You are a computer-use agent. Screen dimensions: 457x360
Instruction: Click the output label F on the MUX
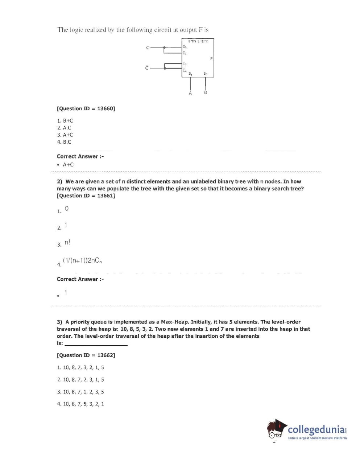[211, 59]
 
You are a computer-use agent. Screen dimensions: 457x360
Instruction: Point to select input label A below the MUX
[190, 94]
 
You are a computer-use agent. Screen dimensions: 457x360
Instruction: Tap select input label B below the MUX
[206, 92]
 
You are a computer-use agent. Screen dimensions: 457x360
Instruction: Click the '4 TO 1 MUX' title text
[198, 41]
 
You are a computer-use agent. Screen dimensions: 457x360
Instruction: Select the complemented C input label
[147, 68]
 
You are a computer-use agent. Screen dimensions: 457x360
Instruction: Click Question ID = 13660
[86, 108]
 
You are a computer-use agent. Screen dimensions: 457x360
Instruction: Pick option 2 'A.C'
[64, 128]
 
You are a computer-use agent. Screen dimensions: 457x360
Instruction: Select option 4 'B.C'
[64, 142]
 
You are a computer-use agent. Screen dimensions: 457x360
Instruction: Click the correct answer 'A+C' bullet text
[68, 165]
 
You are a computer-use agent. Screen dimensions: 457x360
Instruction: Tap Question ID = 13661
[86, 196]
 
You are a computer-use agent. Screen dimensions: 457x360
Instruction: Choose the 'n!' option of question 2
[67, 242]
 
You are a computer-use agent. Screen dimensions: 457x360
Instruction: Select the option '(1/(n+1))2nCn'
[82, 260]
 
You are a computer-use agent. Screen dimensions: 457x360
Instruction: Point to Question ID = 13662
[86, 355]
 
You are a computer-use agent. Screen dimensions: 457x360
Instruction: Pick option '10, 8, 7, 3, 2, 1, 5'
[80, 367]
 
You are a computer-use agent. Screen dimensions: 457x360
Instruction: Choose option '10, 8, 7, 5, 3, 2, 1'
[80, 404]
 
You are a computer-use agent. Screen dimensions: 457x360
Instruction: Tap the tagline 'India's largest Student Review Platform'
[317, 438]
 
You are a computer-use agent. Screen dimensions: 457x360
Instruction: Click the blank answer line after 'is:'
[96, 343]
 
